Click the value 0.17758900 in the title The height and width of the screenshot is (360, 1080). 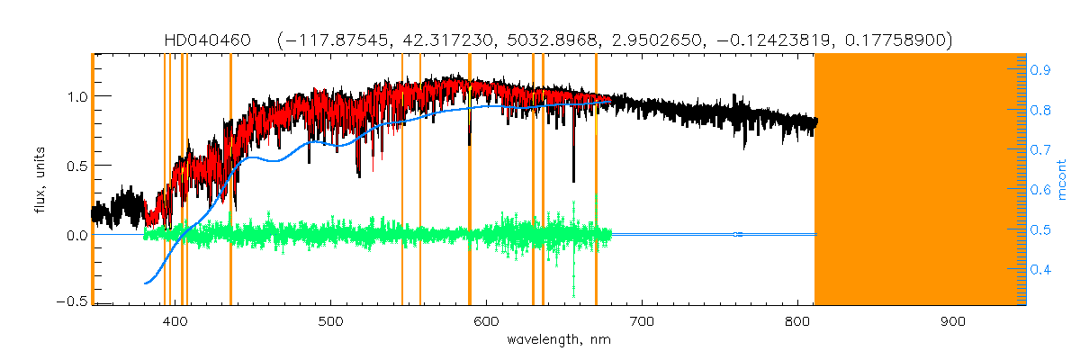click(x=895, y=40)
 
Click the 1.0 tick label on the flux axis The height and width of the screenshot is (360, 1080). click(x=75, y=95)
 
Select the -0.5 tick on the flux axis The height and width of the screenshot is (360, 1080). click(x=70, y=301)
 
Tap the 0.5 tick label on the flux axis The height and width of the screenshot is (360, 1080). click(x=75, y=166)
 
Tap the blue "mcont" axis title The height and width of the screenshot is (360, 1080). click(x=1063, y=179)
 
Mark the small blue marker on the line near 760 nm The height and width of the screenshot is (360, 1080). click(x=737, y=235)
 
